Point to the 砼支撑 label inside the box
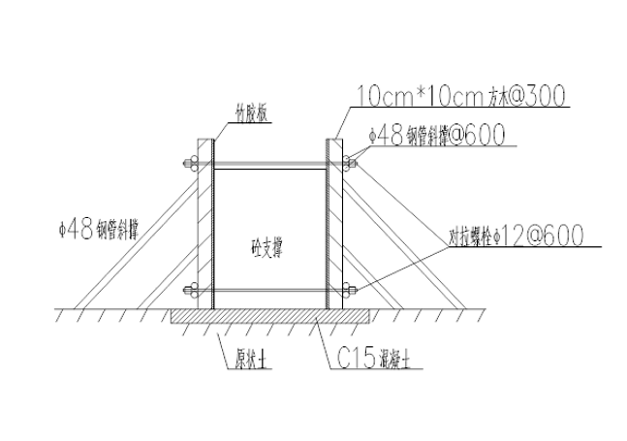266,247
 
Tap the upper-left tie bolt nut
190,162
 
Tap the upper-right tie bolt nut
350,162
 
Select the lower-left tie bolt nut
190,289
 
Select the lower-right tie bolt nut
350,289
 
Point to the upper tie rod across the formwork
269,162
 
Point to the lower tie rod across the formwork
269,289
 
